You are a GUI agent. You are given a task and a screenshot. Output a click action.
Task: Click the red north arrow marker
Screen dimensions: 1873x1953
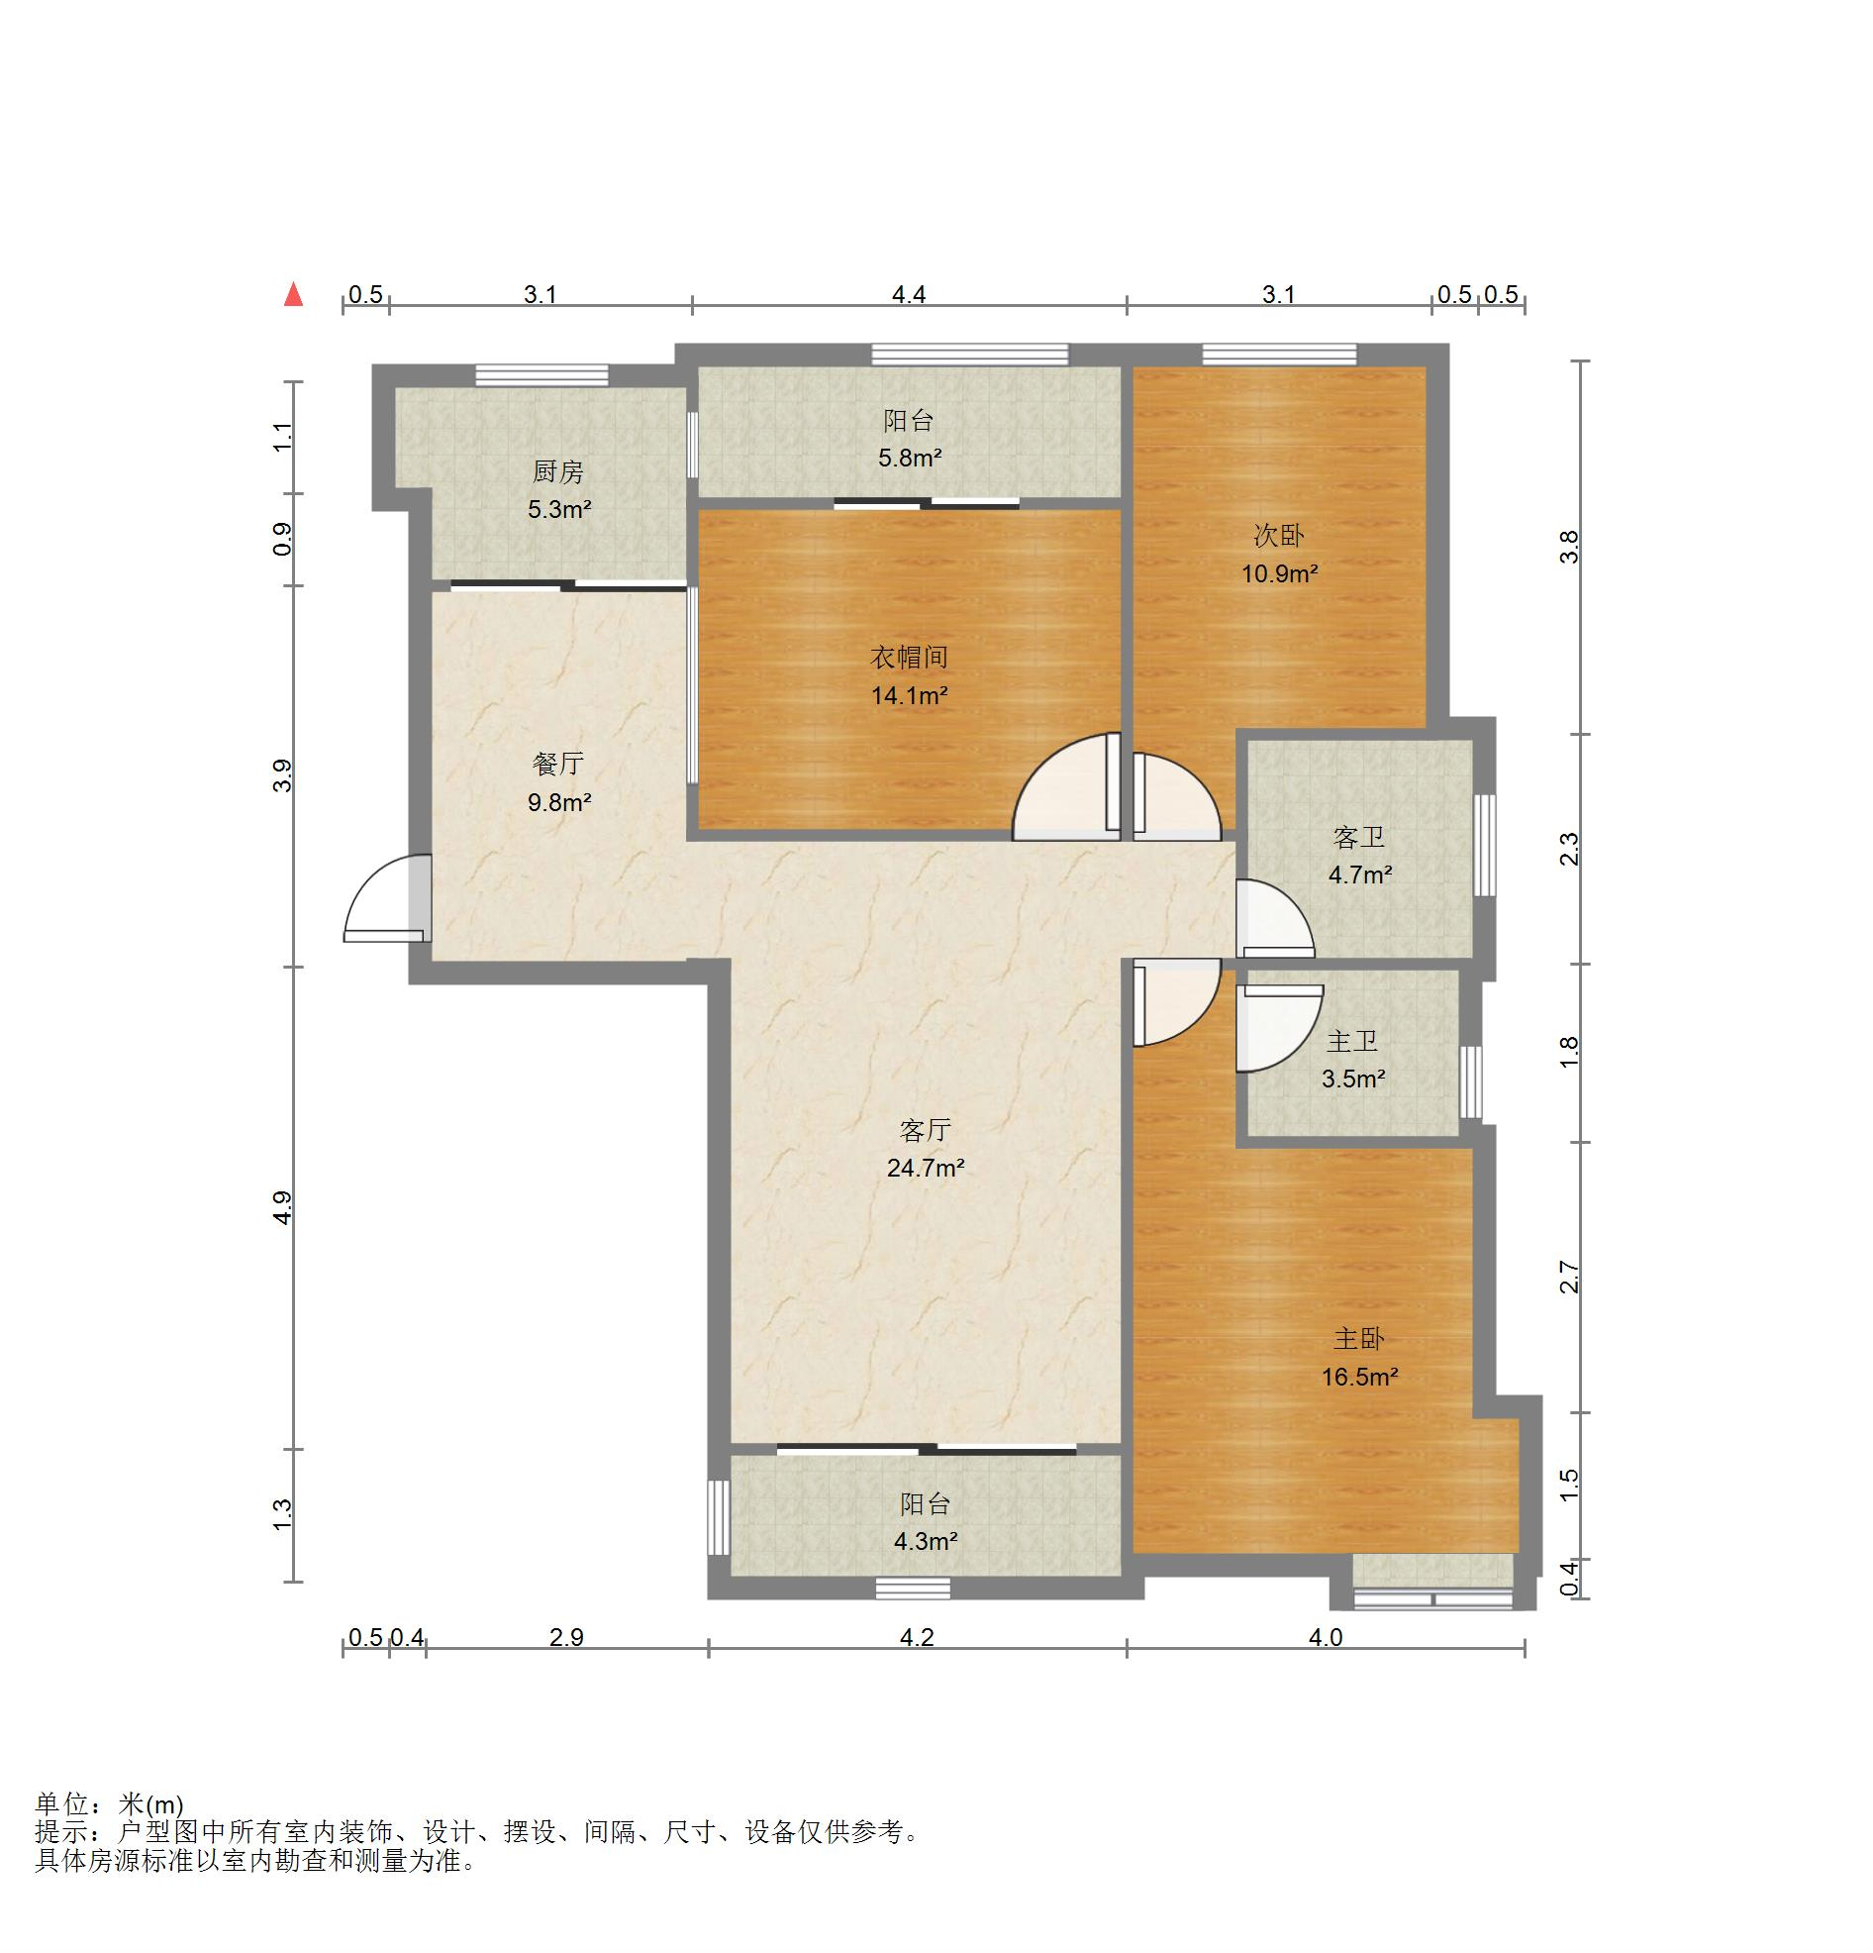(293, 294)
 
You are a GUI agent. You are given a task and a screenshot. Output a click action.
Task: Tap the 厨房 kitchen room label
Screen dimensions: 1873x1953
(558, 471)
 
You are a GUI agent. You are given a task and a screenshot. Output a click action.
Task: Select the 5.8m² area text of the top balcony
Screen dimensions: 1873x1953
(910, 459)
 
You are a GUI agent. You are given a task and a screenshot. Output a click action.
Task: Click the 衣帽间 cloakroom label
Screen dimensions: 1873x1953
(909, 658)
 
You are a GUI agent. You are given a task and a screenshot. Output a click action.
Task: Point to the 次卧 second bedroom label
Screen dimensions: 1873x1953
(1278, 536)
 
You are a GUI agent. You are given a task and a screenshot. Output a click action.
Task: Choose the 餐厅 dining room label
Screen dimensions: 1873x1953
(558, 765)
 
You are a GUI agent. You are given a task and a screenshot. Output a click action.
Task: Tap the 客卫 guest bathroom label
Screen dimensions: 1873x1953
(1359, 838)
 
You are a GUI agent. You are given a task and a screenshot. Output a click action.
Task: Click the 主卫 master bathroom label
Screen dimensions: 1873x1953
(1353, 1041)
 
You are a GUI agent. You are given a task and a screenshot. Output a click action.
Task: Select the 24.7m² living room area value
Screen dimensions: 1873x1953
(926, 1168)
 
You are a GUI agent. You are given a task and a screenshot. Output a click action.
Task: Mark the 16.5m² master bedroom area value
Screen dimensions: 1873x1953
(1360, 1377)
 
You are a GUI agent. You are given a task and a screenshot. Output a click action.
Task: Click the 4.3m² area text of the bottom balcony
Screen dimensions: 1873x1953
(926, 1541)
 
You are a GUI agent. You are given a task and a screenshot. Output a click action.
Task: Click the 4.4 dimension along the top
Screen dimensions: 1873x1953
(909, 294)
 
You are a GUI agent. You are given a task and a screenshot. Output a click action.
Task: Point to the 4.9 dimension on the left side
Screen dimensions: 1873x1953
(283, 1207)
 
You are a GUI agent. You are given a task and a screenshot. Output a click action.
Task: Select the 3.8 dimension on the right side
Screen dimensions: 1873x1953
(1569, 547)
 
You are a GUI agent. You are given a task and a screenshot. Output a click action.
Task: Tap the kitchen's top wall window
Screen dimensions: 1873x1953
(541, 375)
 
